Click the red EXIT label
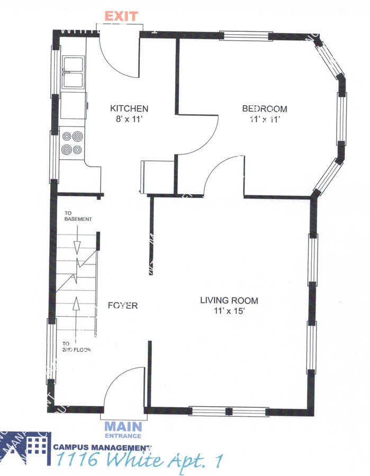tap(122, 16)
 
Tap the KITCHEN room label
tap(125, 108)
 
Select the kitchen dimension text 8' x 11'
tap(125, 119)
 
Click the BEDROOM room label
tap(264, 109)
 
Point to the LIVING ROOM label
tap(229, 300)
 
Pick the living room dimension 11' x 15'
tap(229, 311)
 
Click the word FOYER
tap(123, 305)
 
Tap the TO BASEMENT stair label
tap(78, 216)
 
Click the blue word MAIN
tap(123, 426)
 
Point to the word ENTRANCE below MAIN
tap(123, 436)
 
